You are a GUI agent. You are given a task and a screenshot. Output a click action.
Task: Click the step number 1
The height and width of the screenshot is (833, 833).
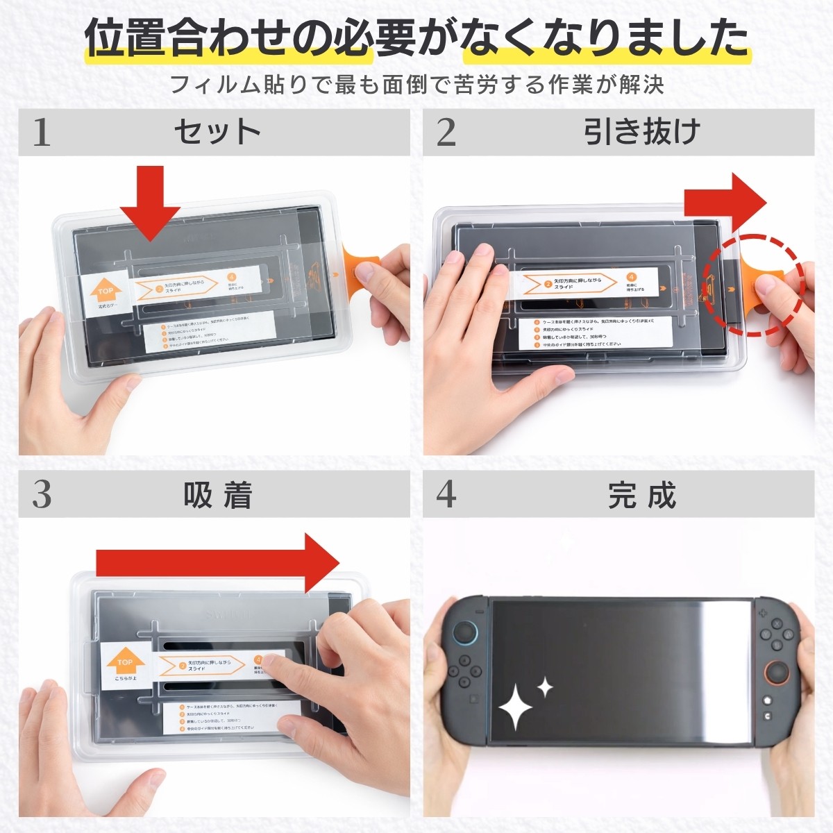click(x=42, y=131)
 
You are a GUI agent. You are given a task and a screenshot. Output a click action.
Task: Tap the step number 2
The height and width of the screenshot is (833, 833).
click(x=446, y=131)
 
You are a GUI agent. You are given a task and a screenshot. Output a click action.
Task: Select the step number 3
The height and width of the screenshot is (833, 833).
click(x=42, y=494)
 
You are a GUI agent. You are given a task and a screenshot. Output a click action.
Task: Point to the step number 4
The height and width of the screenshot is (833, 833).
click(x=446, y=494)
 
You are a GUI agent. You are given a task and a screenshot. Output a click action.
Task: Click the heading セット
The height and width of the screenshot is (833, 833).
click(x=217, y=131)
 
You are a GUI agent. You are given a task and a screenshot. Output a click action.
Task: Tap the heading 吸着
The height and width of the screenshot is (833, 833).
click(x=217, y=495)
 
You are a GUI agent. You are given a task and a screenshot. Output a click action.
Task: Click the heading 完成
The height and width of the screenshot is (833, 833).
click(x=641, y=495)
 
